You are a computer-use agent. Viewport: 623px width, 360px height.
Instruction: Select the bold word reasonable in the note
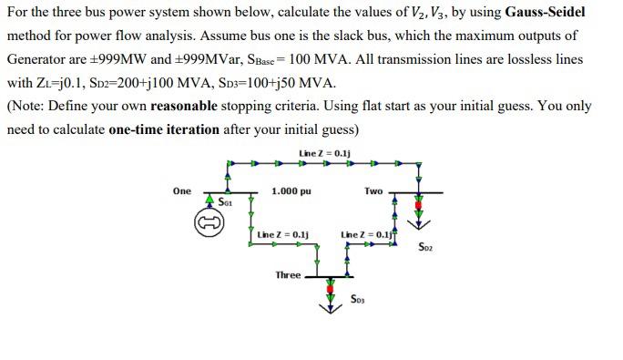(184, 106)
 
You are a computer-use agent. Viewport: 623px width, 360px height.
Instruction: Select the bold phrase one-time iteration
(164, 129)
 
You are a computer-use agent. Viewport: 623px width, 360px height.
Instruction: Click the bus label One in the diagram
(181, 190)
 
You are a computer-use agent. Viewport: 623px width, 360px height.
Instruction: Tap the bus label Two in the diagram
(373, 190)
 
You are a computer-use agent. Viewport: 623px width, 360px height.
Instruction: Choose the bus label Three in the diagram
(288, 274)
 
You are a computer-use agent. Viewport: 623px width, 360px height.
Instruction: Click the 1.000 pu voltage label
(291, 191)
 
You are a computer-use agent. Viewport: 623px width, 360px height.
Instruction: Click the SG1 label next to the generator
(227, 202)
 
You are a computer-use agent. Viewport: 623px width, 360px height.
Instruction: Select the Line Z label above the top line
(324, 152)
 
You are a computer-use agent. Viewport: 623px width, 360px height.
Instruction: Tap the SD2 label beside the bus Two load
(425, 246)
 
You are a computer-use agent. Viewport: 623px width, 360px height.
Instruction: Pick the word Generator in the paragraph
(39, 59)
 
